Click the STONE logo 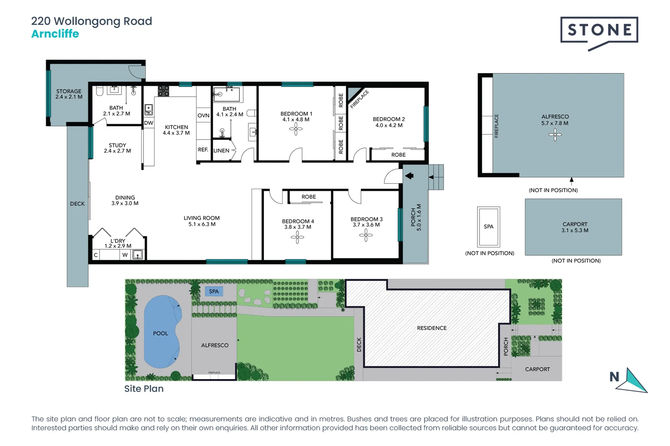coord(599,31)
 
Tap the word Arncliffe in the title coord(55,34)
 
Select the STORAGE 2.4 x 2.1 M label coord(69,94)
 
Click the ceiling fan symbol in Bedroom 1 coord(296,130)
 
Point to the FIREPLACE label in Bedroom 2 coord(359,99)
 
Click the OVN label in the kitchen coord(203,116)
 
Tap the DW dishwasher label coord(148,123)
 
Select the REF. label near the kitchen coord(203,149)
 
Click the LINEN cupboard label coord(221,151)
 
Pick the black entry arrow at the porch coord(409,176)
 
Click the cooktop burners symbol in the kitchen coord(163,91)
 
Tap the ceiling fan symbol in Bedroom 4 coord(297,237)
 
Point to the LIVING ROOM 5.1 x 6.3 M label coord(202,221)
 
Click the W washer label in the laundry coord(124,255)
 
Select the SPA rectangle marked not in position coord(488,227)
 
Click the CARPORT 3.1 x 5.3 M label coord(574,227)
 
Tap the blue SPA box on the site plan coord(213,292)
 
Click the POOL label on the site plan coord(160,333)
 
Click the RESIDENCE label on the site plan coord(431,328)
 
